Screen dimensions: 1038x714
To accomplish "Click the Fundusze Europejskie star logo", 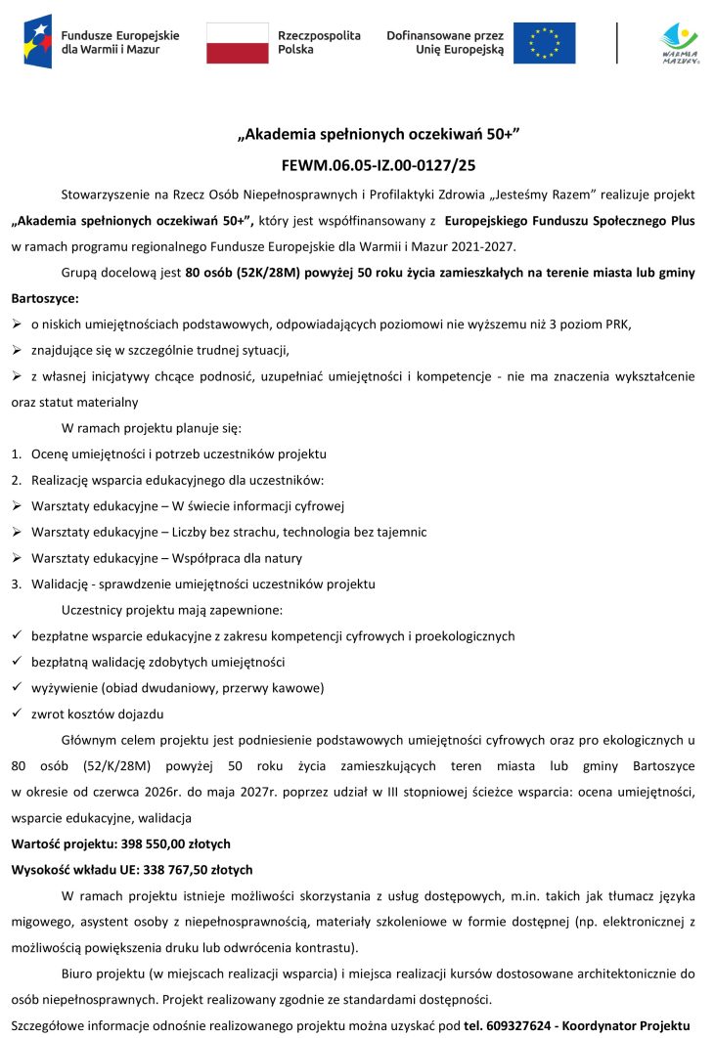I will click(38, 41).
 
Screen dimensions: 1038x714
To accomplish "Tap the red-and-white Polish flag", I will click(237, 43).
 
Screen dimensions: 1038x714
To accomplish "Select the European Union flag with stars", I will click(545, 42).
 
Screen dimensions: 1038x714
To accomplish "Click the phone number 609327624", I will click(521, 1024).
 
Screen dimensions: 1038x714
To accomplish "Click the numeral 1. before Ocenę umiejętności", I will click(17, 454).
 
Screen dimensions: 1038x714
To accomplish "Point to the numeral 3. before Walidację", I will click(17, 584).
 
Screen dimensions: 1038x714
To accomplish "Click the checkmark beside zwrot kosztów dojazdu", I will click(17, 713).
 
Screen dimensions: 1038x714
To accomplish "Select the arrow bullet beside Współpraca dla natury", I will click(17, 558).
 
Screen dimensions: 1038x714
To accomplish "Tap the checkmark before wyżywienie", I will click(17, 687).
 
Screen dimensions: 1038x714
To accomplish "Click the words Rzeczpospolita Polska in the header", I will click(319, 42).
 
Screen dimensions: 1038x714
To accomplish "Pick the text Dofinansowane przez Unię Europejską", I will click(445, 42).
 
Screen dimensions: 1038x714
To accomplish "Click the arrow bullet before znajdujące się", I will click(17, 350).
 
